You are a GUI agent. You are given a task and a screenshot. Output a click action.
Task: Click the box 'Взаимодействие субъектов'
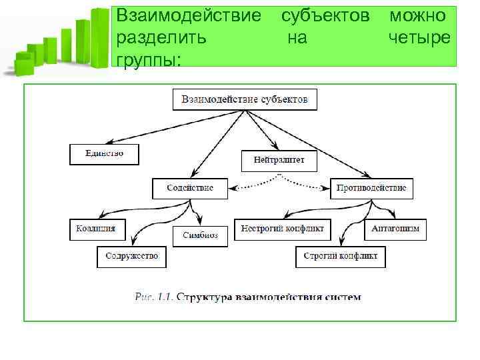(x=245, y=100)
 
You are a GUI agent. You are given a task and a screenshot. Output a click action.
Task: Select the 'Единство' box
(x=105, y=154)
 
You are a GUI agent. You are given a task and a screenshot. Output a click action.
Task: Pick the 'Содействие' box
(x=190, y=188)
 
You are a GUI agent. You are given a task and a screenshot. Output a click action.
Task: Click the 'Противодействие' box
(x=371, y=188)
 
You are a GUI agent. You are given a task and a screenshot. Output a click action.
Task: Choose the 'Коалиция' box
(x=96, y=229)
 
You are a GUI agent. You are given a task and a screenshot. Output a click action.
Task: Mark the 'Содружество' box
(x=131, y=256)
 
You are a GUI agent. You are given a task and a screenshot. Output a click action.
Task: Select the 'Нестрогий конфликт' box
(x=283, y=229)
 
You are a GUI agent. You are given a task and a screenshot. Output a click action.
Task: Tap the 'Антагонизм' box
(x=396, y=229)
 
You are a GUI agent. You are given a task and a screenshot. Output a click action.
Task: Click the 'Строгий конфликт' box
(x=340, y=256)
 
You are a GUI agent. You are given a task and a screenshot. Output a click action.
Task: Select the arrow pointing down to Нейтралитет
(x=262, y=131)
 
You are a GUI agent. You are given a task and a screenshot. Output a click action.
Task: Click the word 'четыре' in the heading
(x=419, y=38)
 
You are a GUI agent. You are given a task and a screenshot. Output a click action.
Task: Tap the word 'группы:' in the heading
(x=149, y=60)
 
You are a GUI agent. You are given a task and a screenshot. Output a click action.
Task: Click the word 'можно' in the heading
(x=419, y=15)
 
